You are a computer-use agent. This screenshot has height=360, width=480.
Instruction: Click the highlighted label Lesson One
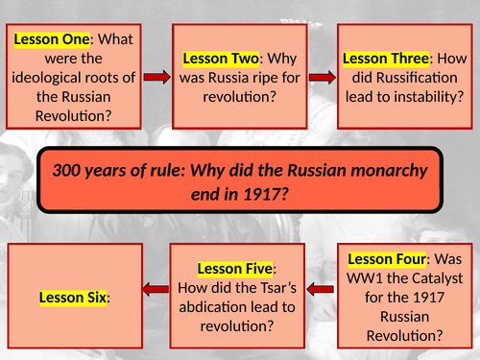coord(50,40)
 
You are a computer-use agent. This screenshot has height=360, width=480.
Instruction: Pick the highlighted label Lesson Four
coord(388,258)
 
